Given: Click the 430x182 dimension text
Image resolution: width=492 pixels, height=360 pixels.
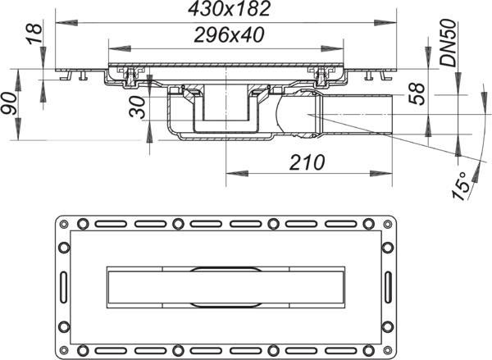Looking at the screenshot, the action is click(229, 8).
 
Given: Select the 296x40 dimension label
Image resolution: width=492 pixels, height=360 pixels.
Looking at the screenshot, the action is click(229, 34).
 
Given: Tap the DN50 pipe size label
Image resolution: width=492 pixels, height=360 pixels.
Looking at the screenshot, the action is click(448, 43).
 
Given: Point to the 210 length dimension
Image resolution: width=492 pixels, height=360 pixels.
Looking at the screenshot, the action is click(307, 162).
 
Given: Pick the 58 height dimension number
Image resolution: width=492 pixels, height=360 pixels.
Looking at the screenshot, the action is click(417, 93).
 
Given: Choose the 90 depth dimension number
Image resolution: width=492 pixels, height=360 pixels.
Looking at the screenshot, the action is click(9, 104).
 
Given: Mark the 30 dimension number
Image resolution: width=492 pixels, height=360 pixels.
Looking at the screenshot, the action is click(138, 107).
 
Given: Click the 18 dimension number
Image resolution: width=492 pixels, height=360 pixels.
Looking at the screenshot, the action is click(34, 34).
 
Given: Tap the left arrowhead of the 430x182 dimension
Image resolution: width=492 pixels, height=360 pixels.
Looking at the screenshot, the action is click(66, 23).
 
